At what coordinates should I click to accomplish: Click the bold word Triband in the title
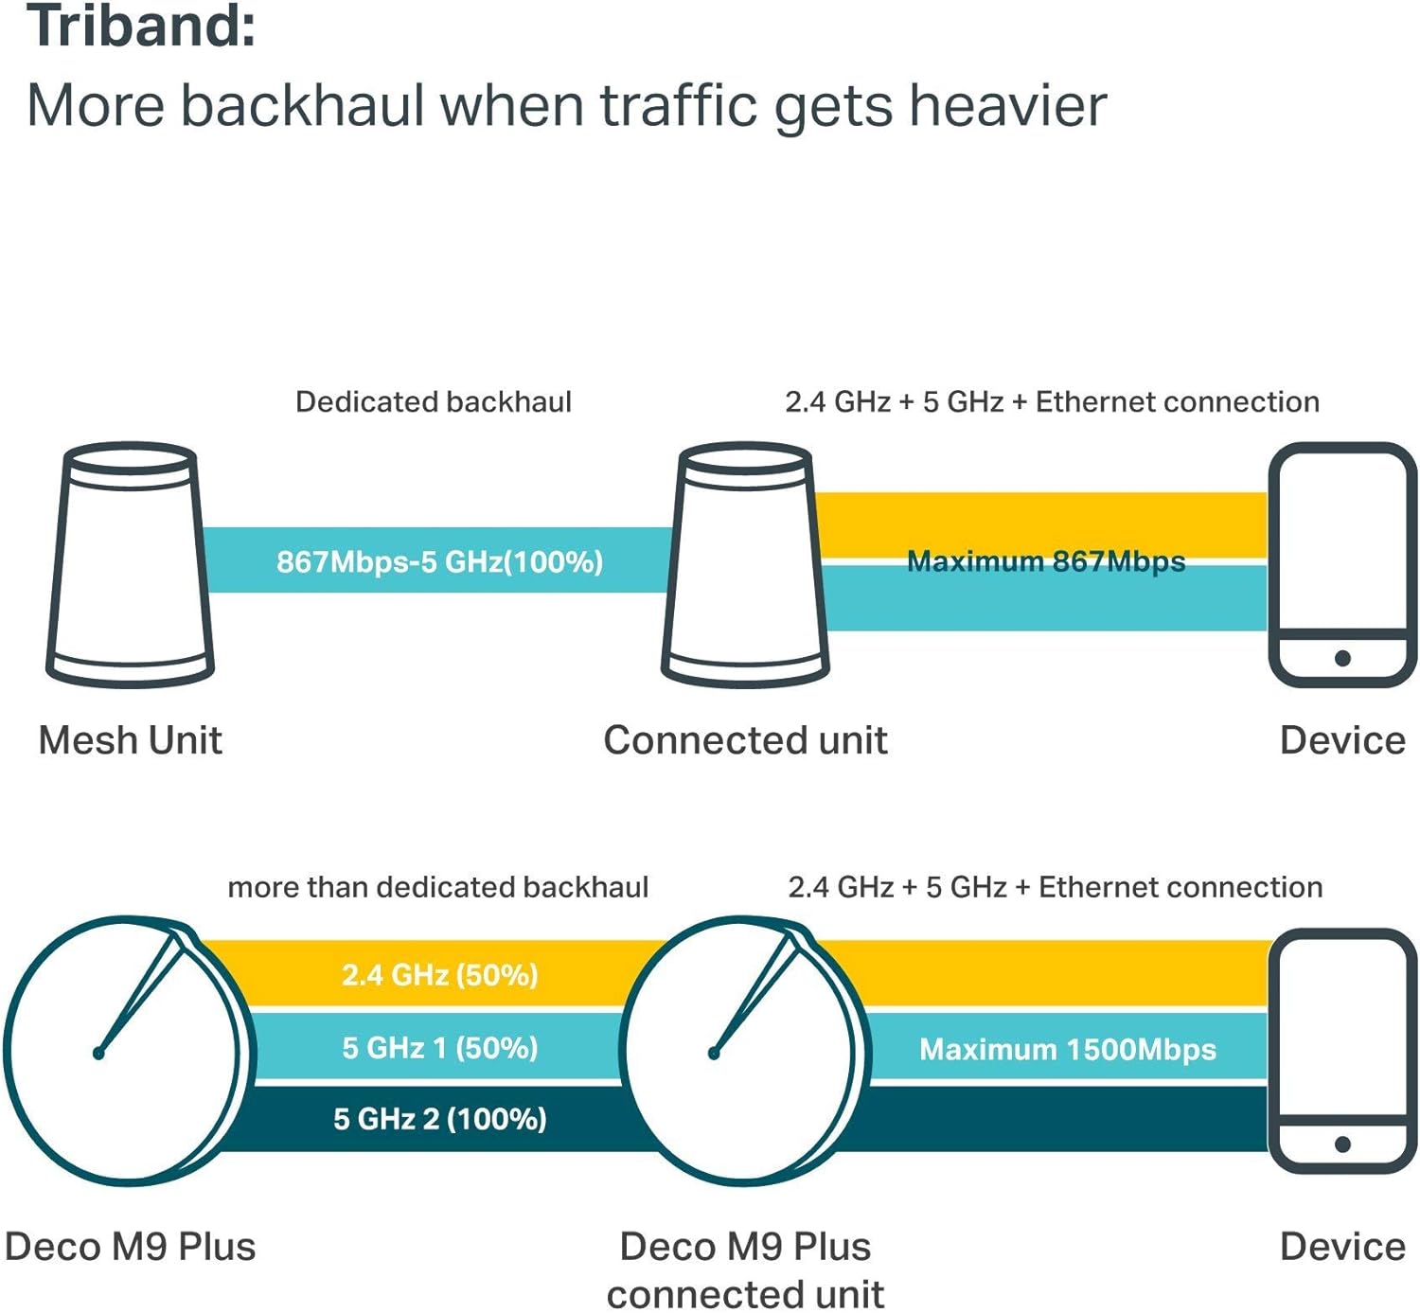click(141, 26)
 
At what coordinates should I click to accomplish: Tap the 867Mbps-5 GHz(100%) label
click(440, 561)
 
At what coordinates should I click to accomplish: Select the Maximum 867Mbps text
click(1046, 561)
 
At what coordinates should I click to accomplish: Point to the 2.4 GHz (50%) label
click(440, 975)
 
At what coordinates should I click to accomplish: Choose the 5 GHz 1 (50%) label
click(440, 1048)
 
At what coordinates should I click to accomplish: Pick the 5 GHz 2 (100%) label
click(440, 1119)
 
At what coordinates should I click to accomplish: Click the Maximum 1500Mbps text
click(1068, 1049)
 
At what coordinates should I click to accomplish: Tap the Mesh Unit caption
click(130, 740)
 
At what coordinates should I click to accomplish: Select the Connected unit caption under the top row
click(746, 740)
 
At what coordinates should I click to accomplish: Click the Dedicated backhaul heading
click(434, 402)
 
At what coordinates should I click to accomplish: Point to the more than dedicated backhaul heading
click(437, 888)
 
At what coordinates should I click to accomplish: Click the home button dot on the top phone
click(1342, 659)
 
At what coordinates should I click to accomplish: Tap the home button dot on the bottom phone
click(1342, 1144)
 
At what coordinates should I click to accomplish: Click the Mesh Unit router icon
click(130, 565)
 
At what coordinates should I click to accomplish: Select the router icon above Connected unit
click(746, 565)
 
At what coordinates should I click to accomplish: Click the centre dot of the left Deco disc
click(98, 1054)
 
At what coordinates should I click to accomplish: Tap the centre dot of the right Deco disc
click(714, 1054)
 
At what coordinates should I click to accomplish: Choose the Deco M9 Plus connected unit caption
click(746, 1270)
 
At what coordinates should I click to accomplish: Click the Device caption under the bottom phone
click(1342, 1247)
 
